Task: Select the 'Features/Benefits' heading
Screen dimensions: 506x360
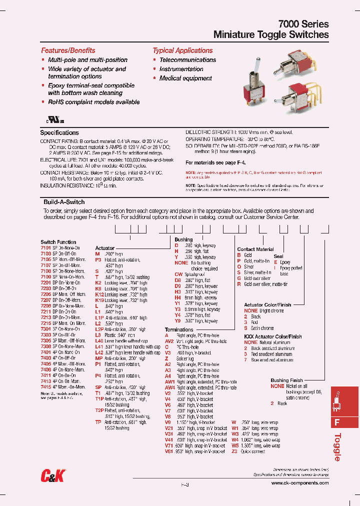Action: coord(68,50)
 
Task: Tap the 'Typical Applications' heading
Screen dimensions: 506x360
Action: coord(182,50)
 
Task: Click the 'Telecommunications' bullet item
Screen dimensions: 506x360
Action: coord(187,60)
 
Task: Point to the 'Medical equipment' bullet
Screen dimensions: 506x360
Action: coord(185,78)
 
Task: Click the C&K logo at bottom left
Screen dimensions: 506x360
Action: coord(52,477)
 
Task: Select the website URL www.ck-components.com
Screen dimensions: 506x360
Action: coord(300,483)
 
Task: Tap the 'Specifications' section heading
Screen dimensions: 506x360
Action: coord(59,133)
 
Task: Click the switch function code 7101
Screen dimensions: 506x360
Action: coord(45,247)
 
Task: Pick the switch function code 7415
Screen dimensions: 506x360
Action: coord(45,386)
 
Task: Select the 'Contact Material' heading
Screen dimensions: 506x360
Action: coord(255,249)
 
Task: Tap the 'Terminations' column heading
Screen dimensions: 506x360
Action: coord(179,330)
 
